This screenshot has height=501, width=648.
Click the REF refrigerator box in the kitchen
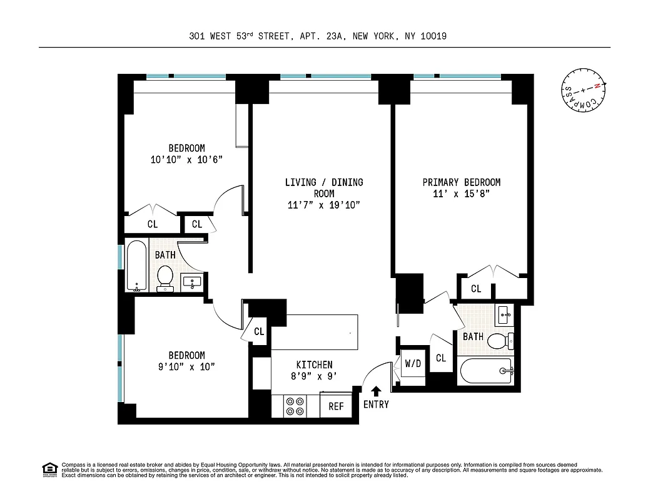pyautogui.click(x=336, y=406)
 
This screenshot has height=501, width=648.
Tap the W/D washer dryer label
pyautogui.click(x=412, y=363)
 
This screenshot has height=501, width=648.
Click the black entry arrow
pyautogui.click(x=376, y=391)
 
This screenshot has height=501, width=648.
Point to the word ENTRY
pyautogui.click(x=376, y=405)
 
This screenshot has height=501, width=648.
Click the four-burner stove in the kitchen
pyautogui.click(x=295, y=406)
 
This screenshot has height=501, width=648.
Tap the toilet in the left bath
pyautogui.click(x=165, y=277)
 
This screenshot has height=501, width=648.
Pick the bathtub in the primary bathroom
pyautogui.click(x=487, y=372)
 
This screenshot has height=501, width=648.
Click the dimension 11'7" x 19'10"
pyautogui.click(x=324, y=205)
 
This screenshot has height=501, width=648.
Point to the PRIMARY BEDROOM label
pyautogui.click(x=461, y=182)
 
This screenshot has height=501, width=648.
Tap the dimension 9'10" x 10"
pyautogui.click(x=186, y=366)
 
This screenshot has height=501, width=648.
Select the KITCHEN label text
pyautogui.click(x=314, y=364)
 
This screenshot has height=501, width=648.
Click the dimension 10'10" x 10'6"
pyautogui.click(x=186, y=160)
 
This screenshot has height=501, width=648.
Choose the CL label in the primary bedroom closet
pyautogui.click(x=476, y=289)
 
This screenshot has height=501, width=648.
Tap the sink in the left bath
pyautogui.click(x=191, y=282)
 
